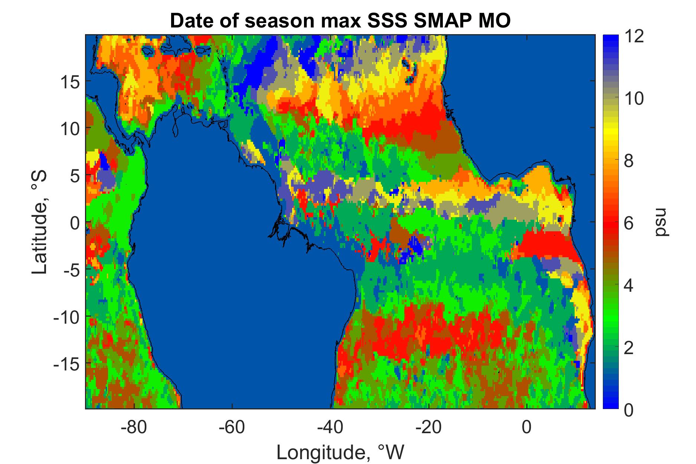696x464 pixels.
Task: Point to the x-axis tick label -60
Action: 232,427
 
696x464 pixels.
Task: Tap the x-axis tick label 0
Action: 527,427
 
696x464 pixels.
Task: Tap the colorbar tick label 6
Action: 628,223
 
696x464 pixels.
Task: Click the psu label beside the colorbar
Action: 661,222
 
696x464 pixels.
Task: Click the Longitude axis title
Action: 340,452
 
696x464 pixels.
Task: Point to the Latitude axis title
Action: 40,222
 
